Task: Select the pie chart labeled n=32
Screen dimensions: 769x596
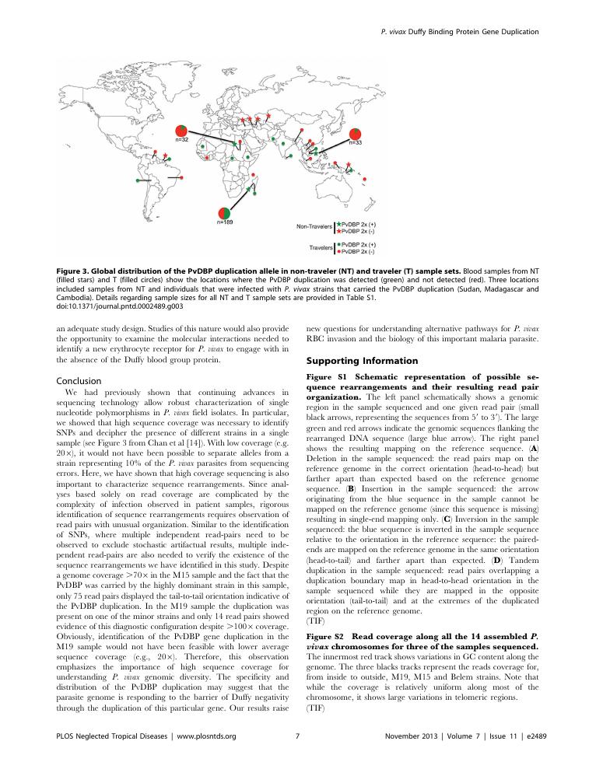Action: [x=181, y=131]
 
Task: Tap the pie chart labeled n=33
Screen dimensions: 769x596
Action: [x=355, y=134]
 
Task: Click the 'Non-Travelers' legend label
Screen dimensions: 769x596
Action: [x=314, y=227]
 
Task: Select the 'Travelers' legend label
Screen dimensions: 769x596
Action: [x=319, y=248]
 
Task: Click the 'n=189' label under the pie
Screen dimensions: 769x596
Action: [x=224, y=223]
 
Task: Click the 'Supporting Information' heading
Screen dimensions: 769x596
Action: [x=352, y=362]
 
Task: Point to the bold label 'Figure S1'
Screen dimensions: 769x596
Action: [x=326, y=376]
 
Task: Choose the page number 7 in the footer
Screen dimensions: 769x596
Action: [x=298, y=735]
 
